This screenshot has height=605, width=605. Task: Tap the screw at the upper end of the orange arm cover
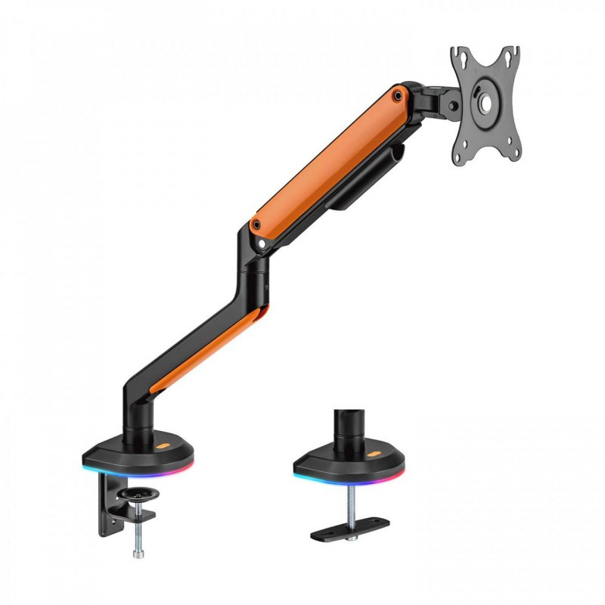click(397, 95)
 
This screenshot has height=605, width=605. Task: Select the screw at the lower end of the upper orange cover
click(257, 225)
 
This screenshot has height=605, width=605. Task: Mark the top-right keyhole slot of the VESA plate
click(514, 54)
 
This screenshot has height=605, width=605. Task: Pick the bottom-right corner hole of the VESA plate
click(514, 155)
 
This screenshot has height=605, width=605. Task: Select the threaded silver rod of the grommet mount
click(351, 503)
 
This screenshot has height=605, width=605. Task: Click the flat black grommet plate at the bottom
click(351, 528)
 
